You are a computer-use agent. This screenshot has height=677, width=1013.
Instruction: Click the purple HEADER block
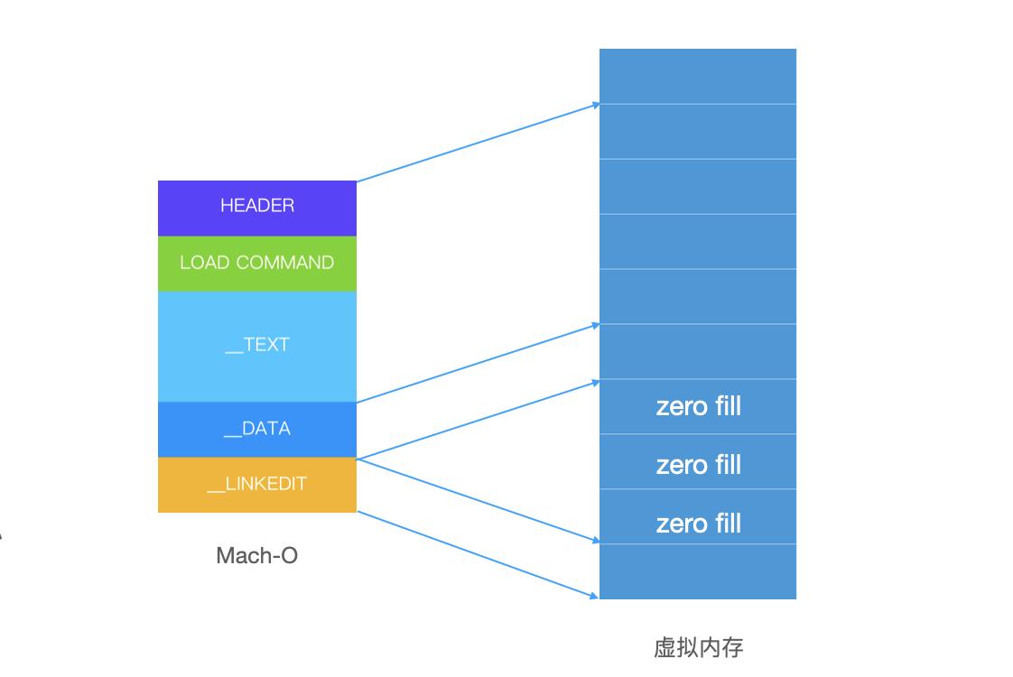pos(257,208)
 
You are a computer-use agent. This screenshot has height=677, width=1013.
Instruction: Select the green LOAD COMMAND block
pos(257,264)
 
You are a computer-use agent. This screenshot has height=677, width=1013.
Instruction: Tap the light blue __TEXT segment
pos(257,346)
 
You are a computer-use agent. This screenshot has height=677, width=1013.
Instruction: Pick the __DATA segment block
pos(257,429)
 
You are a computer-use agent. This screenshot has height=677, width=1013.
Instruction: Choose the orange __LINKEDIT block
pos(257,485)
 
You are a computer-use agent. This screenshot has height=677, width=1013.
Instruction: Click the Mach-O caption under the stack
pos(257,555)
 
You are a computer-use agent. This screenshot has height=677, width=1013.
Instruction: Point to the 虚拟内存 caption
pos(698,647)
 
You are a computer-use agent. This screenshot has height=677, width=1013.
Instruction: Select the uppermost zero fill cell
pos(698,406)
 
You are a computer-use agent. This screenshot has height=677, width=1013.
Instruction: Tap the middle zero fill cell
pos(698,465)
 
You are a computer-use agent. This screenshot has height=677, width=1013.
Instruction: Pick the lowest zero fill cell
pos(698,524)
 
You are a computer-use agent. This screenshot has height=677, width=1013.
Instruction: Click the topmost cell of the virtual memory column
pos(698,77)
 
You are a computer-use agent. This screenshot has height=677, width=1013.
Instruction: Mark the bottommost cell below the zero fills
pos(698,571)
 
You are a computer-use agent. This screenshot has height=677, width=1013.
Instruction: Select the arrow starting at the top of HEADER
pos(479,143)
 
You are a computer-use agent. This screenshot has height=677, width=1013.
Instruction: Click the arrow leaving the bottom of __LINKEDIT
pos(479,554)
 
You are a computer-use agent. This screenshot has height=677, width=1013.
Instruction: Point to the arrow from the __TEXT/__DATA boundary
pos(479,363)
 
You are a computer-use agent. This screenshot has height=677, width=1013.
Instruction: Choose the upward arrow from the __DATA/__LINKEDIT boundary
pos(479,421)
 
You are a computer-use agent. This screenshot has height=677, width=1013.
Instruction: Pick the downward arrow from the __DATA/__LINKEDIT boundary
pos(479,501)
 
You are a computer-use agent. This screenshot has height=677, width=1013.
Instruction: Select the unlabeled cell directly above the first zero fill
pos(698,352)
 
